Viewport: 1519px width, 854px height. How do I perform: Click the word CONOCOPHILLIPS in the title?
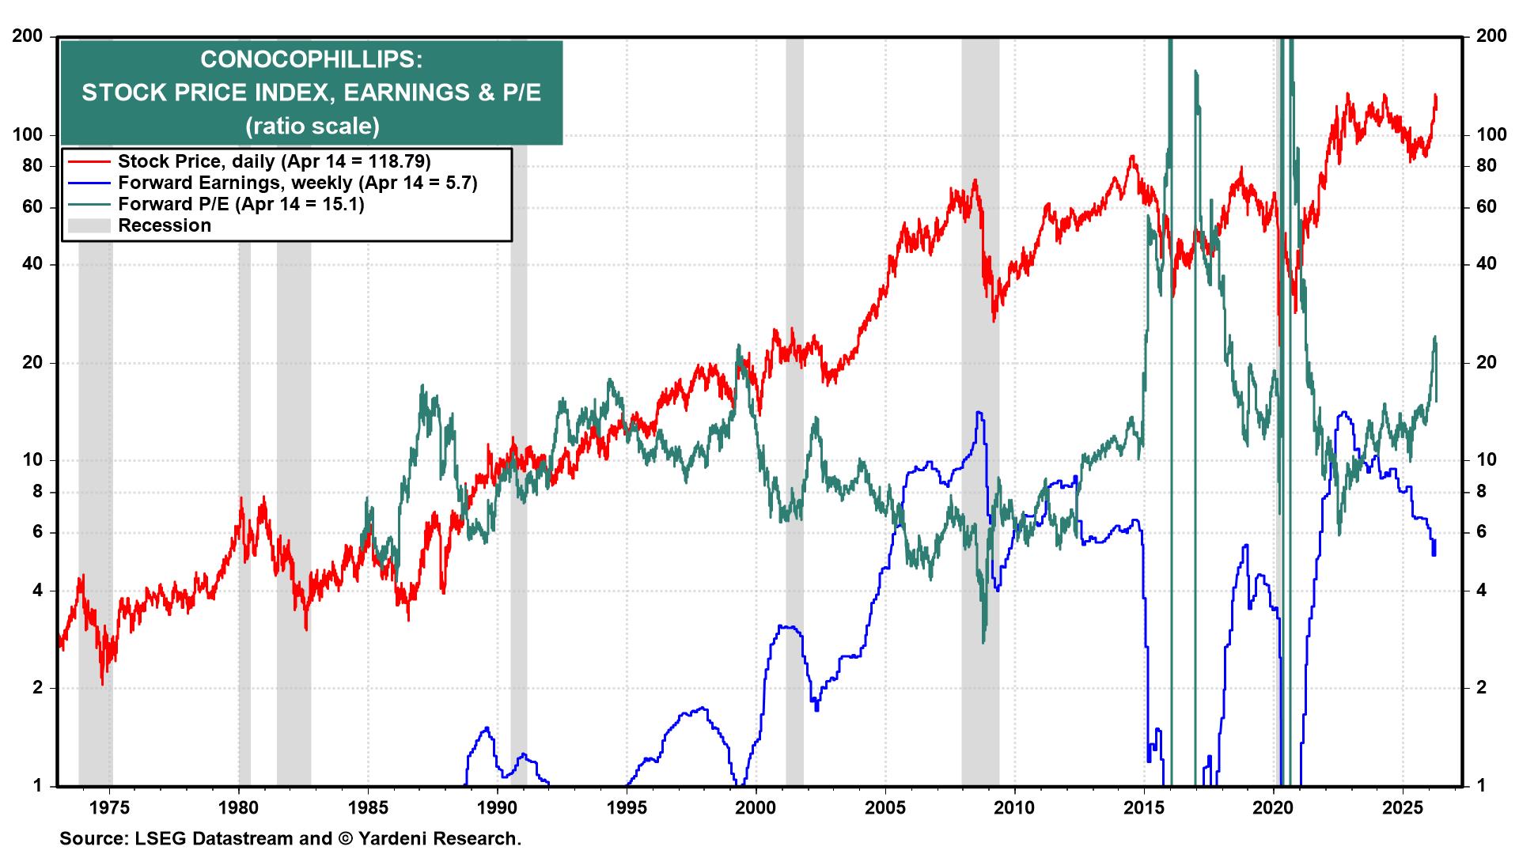(311, 59)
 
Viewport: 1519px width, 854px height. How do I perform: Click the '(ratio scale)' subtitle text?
(312, 126)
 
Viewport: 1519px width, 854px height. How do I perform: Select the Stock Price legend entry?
(274, 161)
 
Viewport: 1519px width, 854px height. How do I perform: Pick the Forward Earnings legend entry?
(297, 183)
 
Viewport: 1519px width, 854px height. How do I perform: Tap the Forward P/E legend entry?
(241, 204)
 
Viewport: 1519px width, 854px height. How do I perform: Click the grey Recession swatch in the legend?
(89, 226)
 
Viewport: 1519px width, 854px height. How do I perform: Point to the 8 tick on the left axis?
(36, 492)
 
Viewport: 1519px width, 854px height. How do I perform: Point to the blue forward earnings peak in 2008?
(979, 413)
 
